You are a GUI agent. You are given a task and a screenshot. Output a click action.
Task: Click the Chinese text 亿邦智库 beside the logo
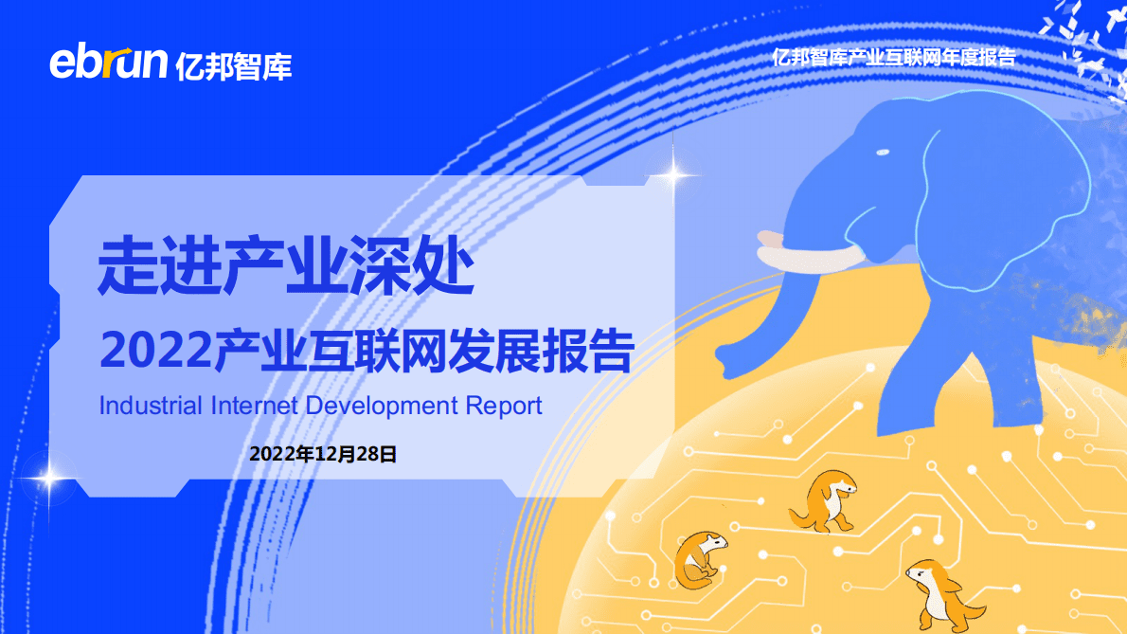tap(234, 64)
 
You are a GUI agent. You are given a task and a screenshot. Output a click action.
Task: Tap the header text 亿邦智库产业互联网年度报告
tap(893, 57)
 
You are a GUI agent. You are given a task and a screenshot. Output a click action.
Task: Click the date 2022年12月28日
tap(322, 454)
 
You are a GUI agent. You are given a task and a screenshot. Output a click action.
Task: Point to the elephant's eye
tap(883, 153)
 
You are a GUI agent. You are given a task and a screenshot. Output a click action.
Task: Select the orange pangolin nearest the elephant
tap(824, 499)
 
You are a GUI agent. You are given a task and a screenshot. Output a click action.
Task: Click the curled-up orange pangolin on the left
tap(700, 558)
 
